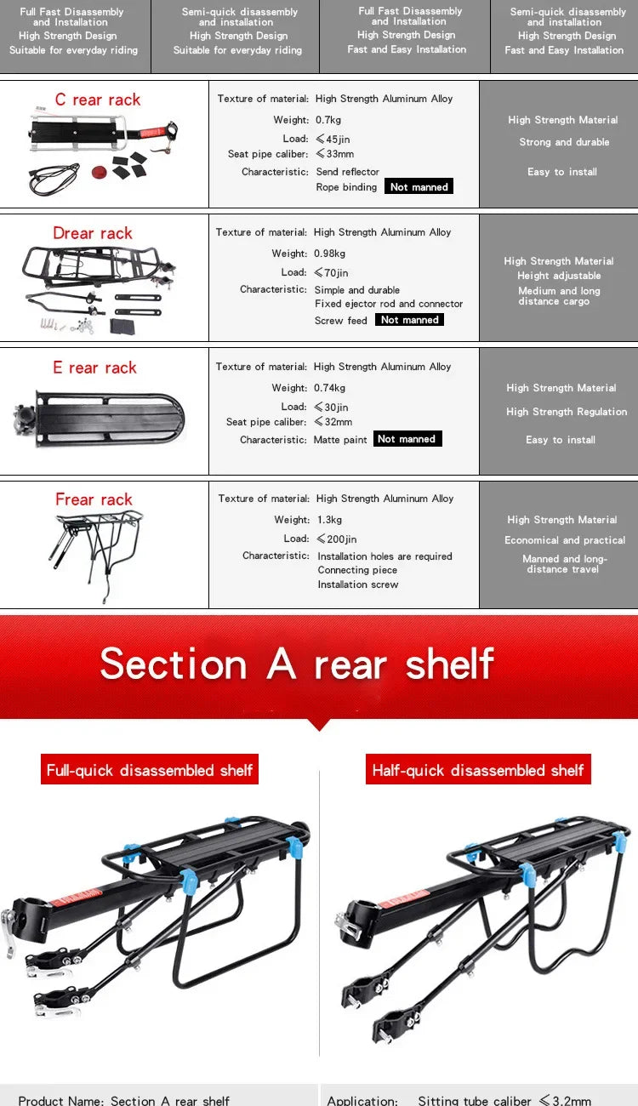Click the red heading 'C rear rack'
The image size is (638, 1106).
[x=98, y=100]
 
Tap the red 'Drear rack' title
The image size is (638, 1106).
[x=93, y=233]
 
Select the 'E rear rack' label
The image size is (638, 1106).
[x=94, y=368]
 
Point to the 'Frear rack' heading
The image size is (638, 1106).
[x=94, y=499]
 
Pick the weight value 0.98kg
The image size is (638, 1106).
[x=331, y=254]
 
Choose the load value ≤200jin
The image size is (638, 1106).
[x=337, y=539]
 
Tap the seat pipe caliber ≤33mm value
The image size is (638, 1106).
[x=334, y=154]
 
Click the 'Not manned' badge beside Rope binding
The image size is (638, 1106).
[x=419, y=187]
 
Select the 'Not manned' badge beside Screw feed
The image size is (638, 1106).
[x=409, y=320]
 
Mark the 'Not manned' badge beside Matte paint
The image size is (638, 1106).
[x=407, y=439]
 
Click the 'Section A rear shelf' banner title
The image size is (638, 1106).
[x=297, y=664]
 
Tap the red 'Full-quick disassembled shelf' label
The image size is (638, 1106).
[x=150, y=770]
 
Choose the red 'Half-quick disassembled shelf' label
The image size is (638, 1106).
[x=478, y=770]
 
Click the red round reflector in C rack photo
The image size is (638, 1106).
[x=100, y=172]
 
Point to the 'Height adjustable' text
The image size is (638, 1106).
[x=559, y=276]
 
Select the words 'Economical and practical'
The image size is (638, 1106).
[x=565, y=540]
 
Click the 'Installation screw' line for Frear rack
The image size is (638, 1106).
[x=358, y=584]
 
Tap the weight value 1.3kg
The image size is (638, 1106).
[x=330, y=520]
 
